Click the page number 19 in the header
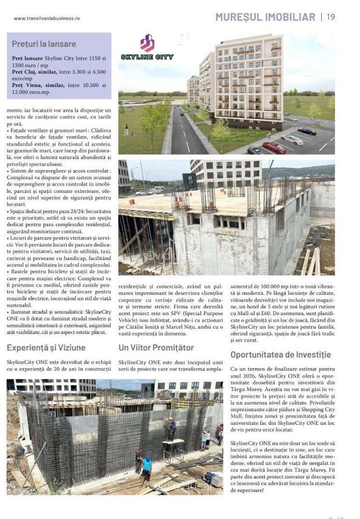pos(331,17)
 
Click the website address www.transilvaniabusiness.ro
pos(47,18)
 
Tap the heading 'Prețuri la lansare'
pos(44,44)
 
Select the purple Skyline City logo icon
pos(147,43)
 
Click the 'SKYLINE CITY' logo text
pos(147,57)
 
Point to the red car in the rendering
pos(275,148)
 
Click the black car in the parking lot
pos(307,131)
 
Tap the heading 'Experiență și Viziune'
pos(46,347)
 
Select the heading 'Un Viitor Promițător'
pos(156,347)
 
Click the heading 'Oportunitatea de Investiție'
pos(280,355)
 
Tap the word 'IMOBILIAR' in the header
pos(291,17)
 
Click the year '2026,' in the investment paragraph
pos(242,376)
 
